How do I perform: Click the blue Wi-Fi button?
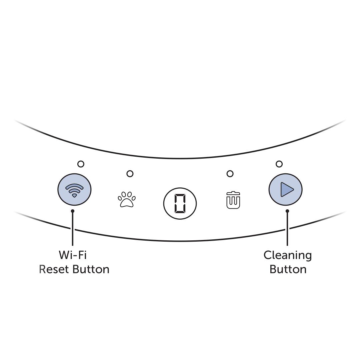point(74,190)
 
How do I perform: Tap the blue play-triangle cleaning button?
point(285,189)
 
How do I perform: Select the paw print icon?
point(127,200)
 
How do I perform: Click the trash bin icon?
point(233,200)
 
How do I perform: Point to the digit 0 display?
point(180,203)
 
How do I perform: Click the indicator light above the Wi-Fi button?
point(81,164)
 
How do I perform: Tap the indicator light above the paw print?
point(130,174)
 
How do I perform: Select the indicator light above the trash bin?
point(230,174)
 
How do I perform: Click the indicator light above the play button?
point(279,164)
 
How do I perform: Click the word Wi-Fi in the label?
point(73,255)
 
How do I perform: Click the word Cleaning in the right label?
point(288,255)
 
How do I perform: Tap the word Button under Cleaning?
point(288,269)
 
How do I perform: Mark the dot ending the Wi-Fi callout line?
point(73,211)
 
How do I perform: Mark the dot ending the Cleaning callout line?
point(287,211)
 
